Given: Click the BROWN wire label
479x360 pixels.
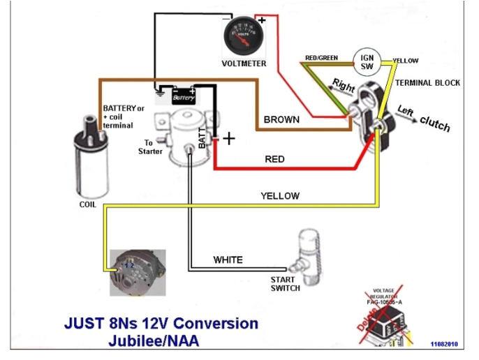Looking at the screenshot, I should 281,119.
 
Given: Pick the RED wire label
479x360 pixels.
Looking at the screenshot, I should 274,159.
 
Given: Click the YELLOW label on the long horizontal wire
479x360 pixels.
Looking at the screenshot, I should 279,196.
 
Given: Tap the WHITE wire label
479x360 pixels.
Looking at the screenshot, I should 228,260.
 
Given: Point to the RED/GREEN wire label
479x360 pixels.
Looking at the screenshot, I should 322,57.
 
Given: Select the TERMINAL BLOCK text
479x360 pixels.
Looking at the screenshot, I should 428,82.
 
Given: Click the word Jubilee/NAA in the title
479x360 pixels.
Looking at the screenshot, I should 154,341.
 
